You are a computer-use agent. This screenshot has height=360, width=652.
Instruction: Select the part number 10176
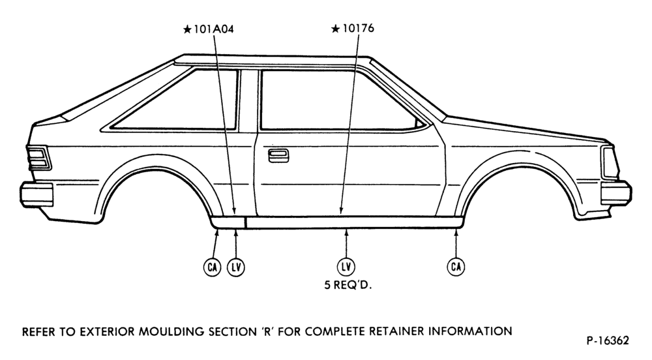358,28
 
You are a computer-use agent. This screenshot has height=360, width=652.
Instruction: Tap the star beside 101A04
187,29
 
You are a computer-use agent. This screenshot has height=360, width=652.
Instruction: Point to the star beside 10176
336,29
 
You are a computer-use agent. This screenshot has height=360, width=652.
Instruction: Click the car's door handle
278,155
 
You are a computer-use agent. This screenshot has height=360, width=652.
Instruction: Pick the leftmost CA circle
212,267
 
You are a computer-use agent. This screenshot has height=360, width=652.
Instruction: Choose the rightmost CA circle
456,267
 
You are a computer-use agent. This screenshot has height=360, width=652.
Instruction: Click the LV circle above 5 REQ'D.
346,267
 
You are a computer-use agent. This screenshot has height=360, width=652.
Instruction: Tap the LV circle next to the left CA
236,267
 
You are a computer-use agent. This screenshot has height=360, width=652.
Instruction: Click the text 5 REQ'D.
348,286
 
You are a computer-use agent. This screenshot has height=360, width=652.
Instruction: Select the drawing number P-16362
608,340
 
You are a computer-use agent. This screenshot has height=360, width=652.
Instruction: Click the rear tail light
39,158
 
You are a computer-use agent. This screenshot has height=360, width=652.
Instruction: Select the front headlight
610,163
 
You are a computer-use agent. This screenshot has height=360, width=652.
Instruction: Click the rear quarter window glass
175,100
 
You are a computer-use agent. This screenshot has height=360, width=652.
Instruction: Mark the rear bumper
37,194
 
